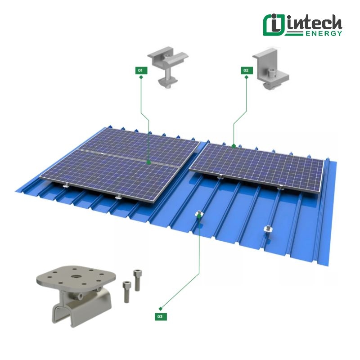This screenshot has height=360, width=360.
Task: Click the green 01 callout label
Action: coord(141,70)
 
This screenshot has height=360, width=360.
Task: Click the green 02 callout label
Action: coord(247,70)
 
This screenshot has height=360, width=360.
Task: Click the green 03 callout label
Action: coord(161,317)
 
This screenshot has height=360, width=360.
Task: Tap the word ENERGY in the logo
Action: coord(324,33)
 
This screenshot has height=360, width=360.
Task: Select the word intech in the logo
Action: coord(315,23)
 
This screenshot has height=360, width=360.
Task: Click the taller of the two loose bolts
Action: coord(137,280)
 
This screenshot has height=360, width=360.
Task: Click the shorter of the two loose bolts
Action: coord(127,292)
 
